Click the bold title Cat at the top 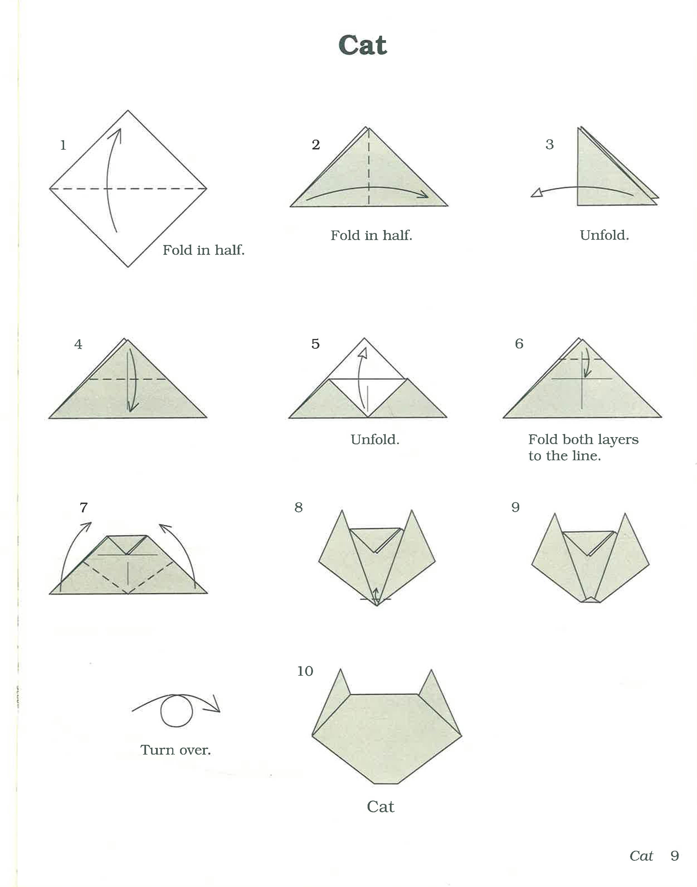(362, 45)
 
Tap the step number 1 (63, 145)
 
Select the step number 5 (315, 344)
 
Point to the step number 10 (305, 671)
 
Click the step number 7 (84, 507)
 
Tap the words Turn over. (176, 750)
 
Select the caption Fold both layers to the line (583, 447)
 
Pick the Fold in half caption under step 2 (371, 236)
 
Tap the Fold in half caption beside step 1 (204, 250)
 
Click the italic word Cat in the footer (641, 856)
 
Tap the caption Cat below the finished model (380, 807)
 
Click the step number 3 (550, 144)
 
